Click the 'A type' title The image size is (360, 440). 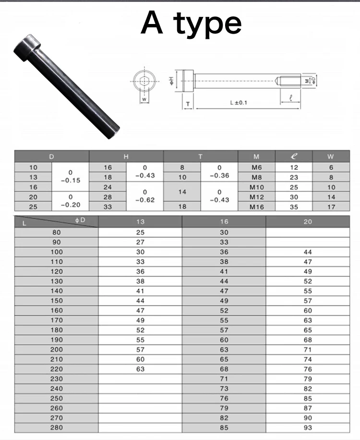coord(191,24)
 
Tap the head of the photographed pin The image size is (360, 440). coord(27,47)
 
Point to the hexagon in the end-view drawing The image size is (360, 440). coord(144,82)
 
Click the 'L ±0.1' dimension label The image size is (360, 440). coord(239,103)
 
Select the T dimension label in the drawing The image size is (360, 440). coord(188,104)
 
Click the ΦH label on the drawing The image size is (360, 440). coord(171,81)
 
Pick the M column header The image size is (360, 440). coord(256,156)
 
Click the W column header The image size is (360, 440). coord(331,156)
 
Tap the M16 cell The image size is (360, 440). coord(257,207)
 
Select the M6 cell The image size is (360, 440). coord(257,167)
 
